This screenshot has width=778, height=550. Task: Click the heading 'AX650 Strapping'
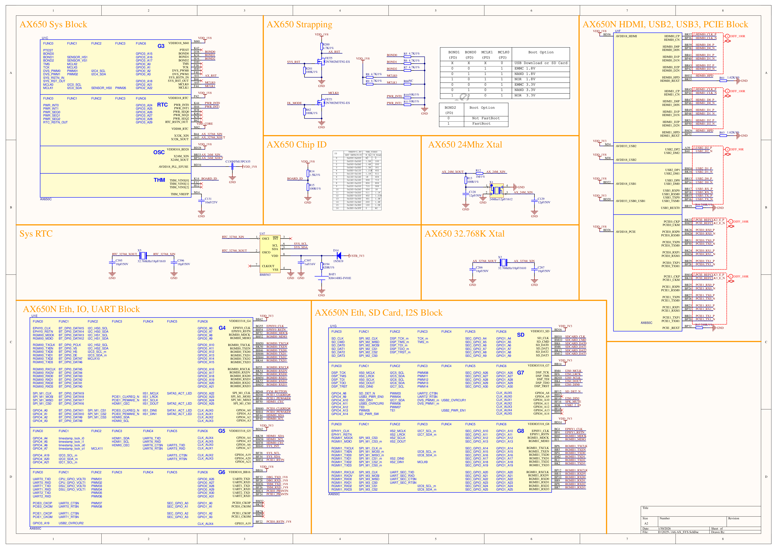tap(299, 24)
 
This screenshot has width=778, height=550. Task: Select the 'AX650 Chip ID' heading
tap(297, 145)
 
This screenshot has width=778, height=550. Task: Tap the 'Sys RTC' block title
tap(36, 234)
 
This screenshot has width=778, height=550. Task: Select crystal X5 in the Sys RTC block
tap(143, 255)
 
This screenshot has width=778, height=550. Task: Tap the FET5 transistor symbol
tap(319, 62)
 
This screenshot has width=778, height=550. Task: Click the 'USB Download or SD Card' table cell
tap(540, 63)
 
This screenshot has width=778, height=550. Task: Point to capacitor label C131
tap(208, 199)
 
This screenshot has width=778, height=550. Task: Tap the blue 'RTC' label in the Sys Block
tap(162, 105)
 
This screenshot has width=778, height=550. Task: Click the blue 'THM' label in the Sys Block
tap(159, 180)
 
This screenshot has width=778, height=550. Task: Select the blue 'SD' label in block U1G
tap(520, 335)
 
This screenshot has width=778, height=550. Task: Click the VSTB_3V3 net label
tap(357, 256)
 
